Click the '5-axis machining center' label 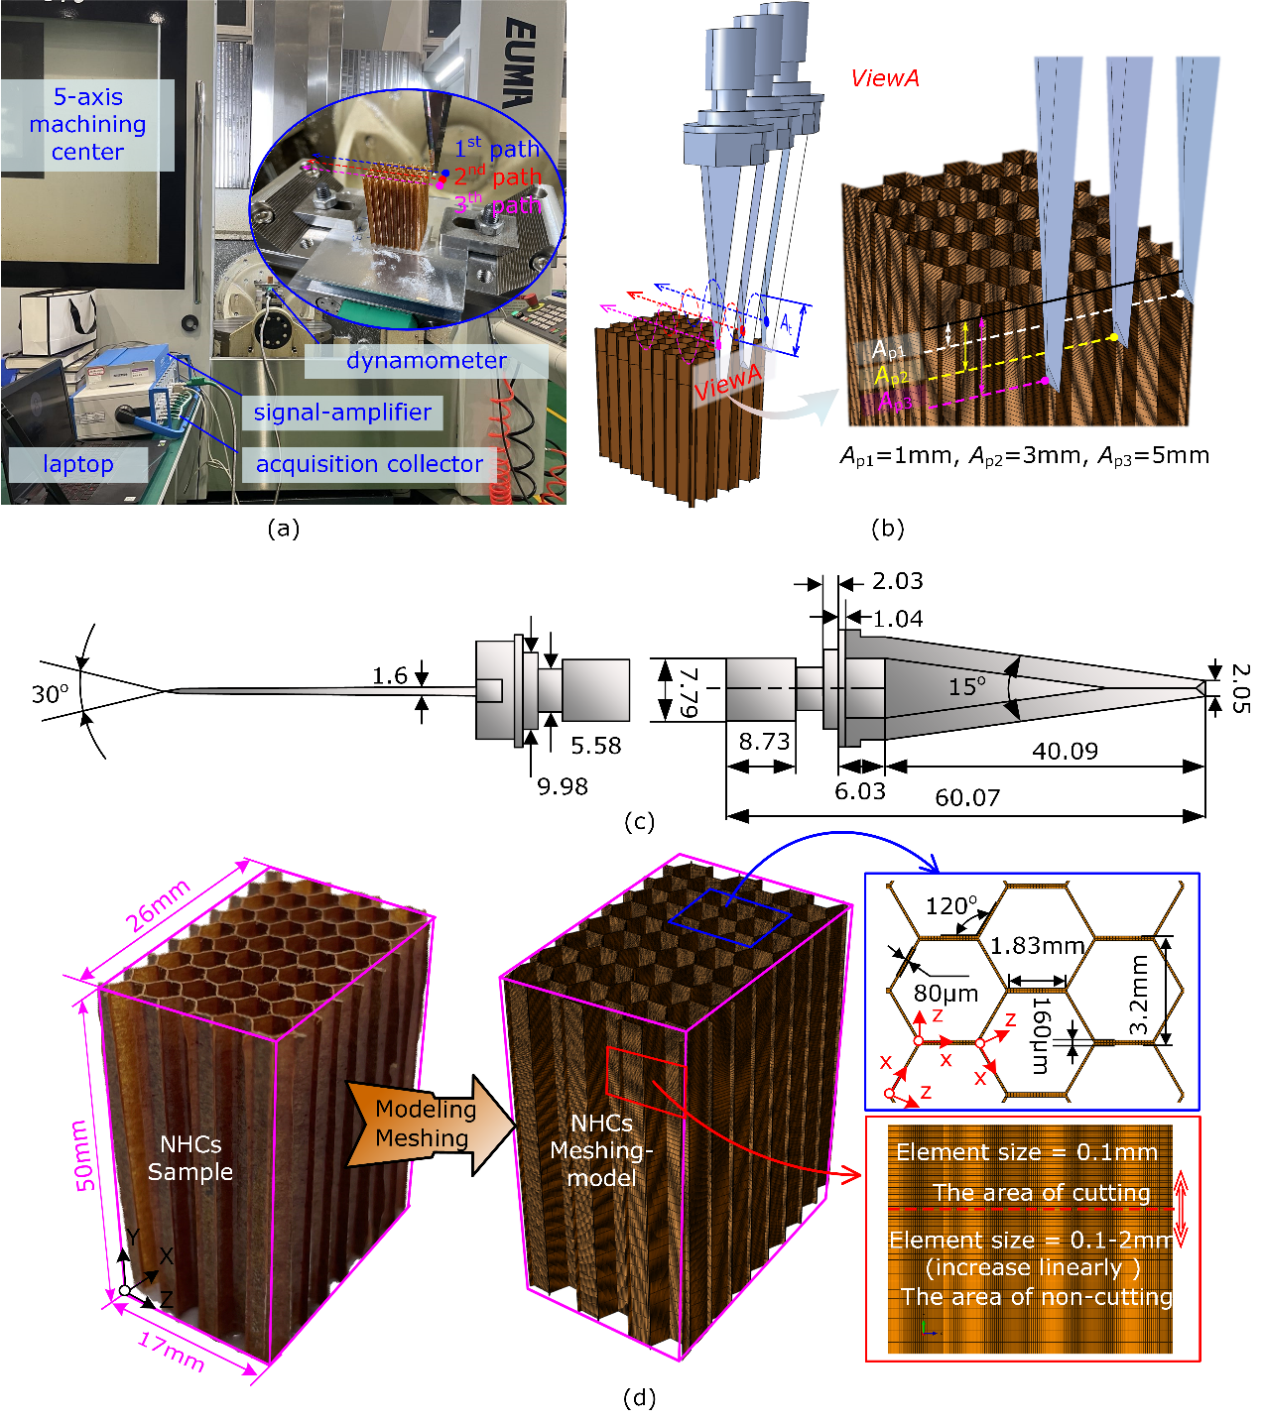[x=87, y=124]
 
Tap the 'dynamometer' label [x=426, y=361]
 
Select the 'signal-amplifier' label [x=342, y=413]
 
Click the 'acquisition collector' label [x=369, y=464]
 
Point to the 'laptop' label [x=78, y=464]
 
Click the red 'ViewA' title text [x=885, y=78]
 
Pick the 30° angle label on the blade [x=51, y=693]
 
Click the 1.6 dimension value [x=390, y=675]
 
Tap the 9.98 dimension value [x=563, y=786]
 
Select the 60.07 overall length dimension [x=967, y=798]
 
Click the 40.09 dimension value [x=1065, y=752]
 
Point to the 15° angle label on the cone [x=967, y=686]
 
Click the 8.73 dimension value [x=764, y=742]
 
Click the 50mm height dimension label [x=84, y=1156]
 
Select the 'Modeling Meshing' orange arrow [x=427, y=1124]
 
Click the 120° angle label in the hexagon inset [x=950, y=905]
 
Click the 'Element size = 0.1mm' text [x=1027, y=1152]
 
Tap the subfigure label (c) [x=639, y=822]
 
